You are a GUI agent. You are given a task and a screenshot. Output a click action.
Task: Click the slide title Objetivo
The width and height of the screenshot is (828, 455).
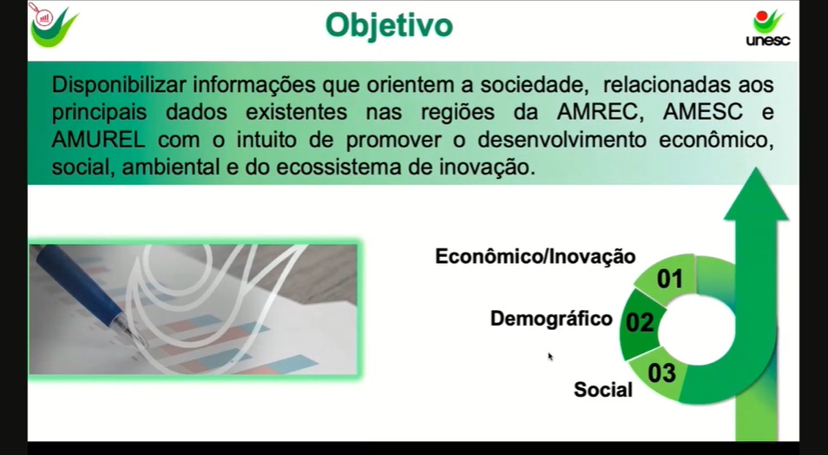pos(389,26)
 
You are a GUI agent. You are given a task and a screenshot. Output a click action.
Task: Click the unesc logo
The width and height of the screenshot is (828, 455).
pos(768,28)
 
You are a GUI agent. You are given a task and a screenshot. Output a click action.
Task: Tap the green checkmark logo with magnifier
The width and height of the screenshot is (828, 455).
pos(52,24)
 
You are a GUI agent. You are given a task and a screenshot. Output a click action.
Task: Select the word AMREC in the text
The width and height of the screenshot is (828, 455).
pos(593,112)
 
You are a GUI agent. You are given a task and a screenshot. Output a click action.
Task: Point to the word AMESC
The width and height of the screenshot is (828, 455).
pos(703,112)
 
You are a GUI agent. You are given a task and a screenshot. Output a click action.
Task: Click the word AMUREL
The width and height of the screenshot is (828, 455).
pos(98,140)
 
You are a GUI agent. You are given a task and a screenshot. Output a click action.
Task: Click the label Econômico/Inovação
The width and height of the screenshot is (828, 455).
pos(536,257)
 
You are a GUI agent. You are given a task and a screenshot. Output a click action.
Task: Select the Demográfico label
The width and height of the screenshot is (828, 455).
pos(551,319)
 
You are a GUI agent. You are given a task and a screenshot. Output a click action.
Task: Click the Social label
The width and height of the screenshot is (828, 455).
pos(603,390)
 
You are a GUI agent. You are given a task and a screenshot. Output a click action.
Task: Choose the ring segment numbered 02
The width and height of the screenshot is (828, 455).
pos(641,323)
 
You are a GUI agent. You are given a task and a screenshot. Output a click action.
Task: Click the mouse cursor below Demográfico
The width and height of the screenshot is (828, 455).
pos(550,357)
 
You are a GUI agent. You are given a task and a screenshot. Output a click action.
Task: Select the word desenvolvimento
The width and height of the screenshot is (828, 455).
pos(562,140)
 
